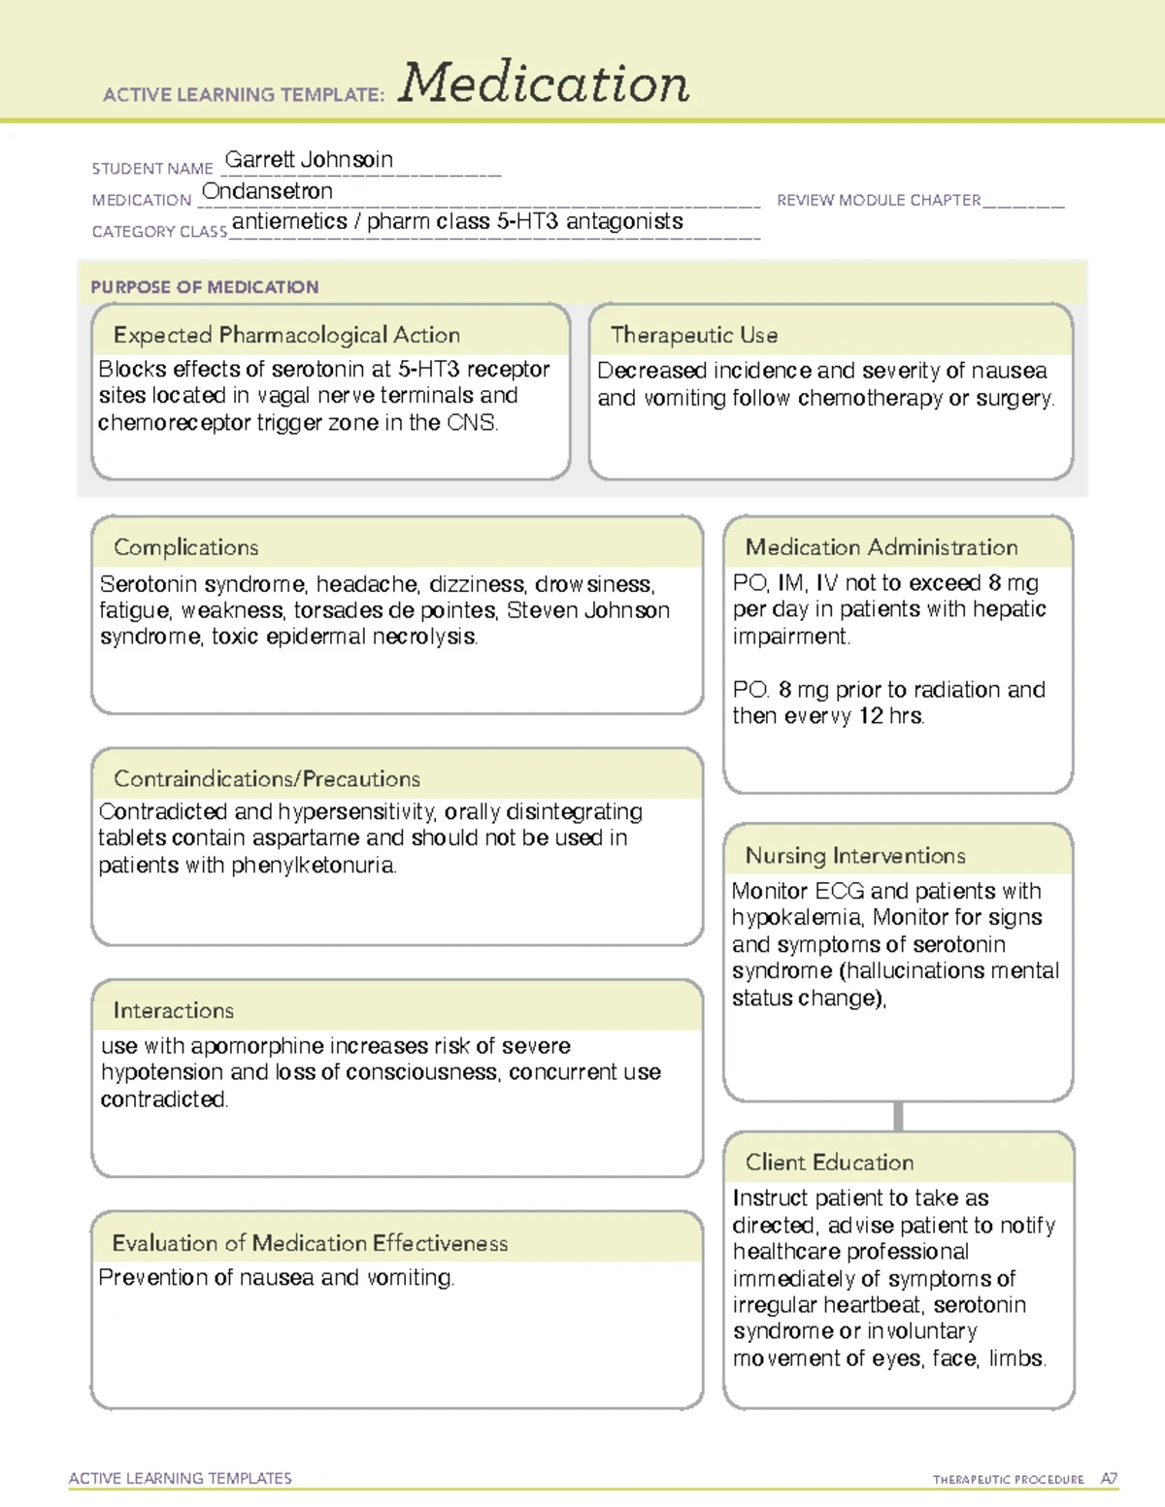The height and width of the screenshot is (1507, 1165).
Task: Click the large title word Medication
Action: pyautogui.click(x=543, y=83)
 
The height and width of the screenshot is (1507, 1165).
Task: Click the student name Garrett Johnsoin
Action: pyautogui.click(x=309, y=160)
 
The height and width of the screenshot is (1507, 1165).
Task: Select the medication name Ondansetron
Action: pyautogui.click(x=267, y=191)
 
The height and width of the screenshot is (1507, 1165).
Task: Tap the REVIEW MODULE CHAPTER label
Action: pyautogui.click(x=879, y=200)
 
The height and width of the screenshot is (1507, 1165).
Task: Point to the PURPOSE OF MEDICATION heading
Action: pyautogui.click(x=204, y=287)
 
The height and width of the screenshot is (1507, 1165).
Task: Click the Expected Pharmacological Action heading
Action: pyautogui.click(x=286, y=335)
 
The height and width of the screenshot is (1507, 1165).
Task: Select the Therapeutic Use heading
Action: pyautogui.click(x=693, y=335)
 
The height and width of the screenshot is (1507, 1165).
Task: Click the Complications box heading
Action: pyautogui.click(x=185, y=547)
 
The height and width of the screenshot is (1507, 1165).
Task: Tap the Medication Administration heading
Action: pyautogui.click(x=881, y=547)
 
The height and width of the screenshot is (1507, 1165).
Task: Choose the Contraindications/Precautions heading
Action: pyautogui.click(x=266, y=778)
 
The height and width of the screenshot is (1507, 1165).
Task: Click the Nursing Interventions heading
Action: pyautogui.click(x=854, y=855)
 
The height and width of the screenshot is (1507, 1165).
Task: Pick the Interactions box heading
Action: pyautogui.click(x=173, y=1010)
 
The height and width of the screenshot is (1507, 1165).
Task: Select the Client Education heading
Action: pyautogui.click(x=829, y=1162)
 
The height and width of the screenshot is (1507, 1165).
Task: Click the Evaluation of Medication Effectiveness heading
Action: pyautogui.click(x=310, y=1243)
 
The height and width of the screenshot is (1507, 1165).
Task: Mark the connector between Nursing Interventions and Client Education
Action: pyautogui.click(x=898, y=1116)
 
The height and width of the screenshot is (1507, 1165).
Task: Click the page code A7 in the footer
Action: pyautogui.click(x=1108, y=1479)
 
